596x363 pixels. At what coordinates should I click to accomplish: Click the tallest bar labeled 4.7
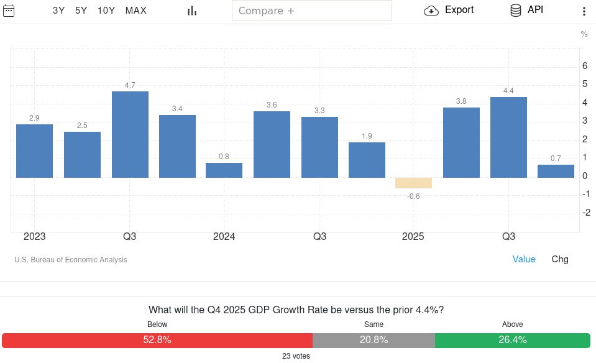point(130,134)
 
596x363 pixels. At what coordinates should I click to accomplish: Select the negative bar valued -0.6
point(413,183)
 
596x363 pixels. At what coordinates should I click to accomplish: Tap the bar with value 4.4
point(508,137)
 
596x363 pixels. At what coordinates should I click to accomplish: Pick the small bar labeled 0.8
point(224,170)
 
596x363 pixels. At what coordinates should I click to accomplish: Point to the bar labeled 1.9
point(367,160)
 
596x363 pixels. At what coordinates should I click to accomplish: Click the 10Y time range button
point(106,11)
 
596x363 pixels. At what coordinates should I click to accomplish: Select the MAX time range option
point(136,11)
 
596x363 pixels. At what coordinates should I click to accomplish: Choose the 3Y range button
point(59,11)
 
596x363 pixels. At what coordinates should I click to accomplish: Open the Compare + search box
point(312,11)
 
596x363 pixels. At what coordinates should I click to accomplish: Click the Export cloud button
point(449,10)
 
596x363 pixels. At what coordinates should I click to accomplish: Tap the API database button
point(526,10)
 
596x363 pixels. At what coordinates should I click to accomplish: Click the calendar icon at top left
point(9,10)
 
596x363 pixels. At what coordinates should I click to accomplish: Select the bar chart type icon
point(192,11)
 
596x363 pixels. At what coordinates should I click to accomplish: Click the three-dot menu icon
point(584,11)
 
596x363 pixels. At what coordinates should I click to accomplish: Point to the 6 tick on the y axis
point(584,66)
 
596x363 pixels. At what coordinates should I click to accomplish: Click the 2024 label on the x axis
point(224,237)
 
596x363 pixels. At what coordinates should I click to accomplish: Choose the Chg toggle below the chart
point(560,259)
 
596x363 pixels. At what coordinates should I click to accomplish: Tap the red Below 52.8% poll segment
point(157,340)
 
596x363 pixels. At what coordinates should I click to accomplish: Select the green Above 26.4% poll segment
point(512,340)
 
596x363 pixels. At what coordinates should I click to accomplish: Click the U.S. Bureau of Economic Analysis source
point(70,260)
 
